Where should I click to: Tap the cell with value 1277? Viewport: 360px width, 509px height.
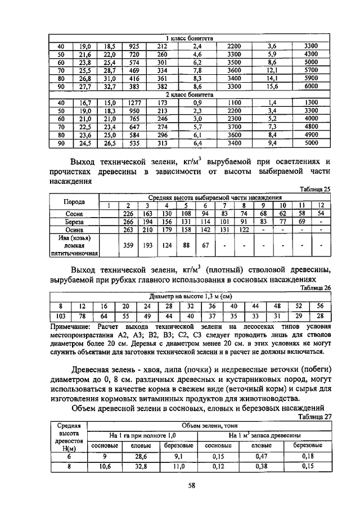(134, 103)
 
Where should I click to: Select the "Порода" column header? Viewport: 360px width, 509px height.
(74, 201)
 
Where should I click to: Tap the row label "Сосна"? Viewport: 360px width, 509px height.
(74, 214)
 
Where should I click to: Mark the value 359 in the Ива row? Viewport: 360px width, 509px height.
(129, 245)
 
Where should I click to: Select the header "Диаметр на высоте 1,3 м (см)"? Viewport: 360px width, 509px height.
(191, 296)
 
